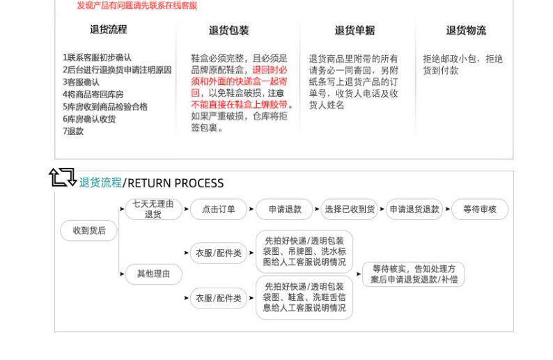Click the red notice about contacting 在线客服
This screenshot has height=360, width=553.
pyautogui.click(x=137, y=6)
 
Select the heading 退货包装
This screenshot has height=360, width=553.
pyautogui.click(x=228, y=31)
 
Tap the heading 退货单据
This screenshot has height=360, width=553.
pyautogui.click(x=355, y=31)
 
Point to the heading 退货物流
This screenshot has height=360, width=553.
pyautogui.click(x=466, y=31)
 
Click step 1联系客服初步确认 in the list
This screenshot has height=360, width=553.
pyautogui.click(x=97, y=58)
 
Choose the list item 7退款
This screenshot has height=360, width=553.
pyautogui.click(x=73, y=131)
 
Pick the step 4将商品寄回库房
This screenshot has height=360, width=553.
pyautogui.click(x=93, y=94)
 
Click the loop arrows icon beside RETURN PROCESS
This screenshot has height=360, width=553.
pyautogui.click(x=63, y=178)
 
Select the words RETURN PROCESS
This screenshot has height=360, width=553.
pyautogui.click(x=176, y=183)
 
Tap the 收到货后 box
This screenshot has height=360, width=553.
pyautogui.click(x=89, y=230)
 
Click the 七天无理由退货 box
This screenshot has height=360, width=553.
pyautogui.click(x=153, y=210)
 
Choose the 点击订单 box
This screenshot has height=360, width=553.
pyautogui.click(x=219, y=210)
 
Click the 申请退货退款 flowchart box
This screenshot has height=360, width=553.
pyautogui.click(x=414, y=210)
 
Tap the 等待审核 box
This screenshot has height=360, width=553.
pyautogui.click(x=480, y=210)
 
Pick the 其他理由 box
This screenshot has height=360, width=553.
pyautogui.click(x=153, y=274)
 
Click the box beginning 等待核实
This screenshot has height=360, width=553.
pyautogui.click(x=414, y=274)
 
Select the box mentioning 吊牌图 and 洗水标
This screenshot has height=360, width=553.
pyautogui.click(x=304, y=252)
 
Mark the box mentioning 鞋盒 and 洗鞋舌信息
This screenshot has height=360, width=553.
pyautogui.click(x=304, y=297)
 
